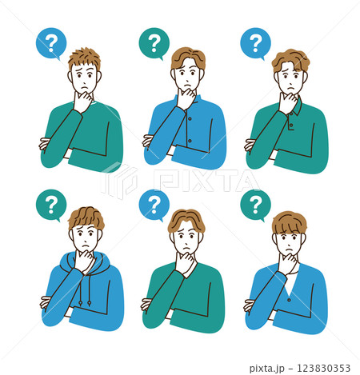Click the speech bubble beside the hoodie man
click(x=51, y=205)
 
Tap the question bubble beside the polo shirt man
click(x=255, y=43)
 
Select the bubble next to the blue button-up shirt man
click(x=154, y=43)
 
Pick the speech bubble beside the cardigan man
click(x=255, y=205)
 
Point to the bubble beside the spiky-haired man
click(x=51, y=43)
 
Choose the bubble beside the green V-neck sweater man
click(x=154, y=205)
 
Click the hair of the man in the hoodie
click(x=86, y=217)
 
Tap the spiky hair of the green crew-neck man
click(x=85, y=57)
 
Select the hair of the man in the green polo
click(x=290, y=59)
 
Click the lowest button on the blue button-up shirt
click(x=190, y=141)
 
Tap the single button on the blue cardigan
click(x=289, y=300)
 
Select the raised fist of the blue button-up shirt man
click(x=186, y=99)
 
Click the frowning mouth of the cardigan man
click(x=288, y=249)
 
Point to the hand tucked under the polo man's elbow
click(x=250, y=145)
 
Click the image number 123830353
click(x=323, y=368)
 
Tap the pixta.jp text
click(x=266, y=369)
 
